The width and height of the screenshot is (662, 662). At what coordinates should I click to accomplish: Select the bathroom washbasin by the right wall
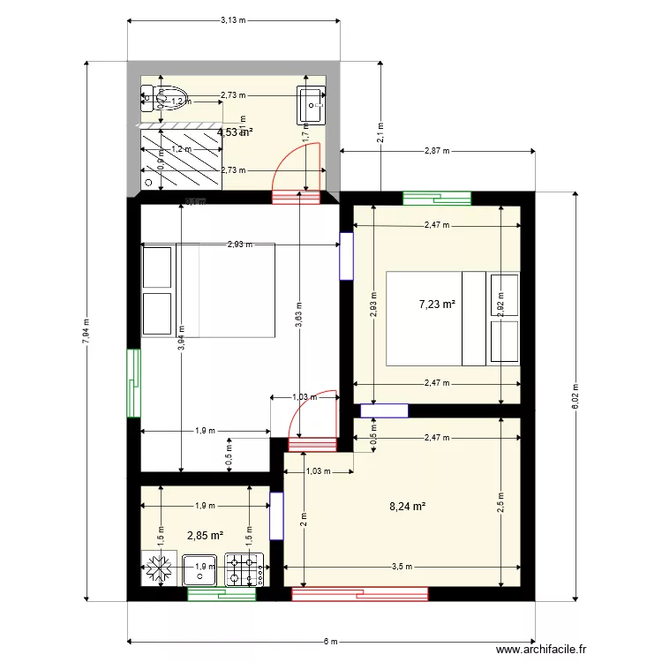[312, 103]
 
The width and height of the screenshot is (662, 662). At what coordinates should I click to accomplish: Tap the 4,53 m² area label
[235, 132]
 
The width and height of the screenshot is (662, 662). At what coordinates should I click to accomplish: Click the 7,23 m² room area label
[437, 304]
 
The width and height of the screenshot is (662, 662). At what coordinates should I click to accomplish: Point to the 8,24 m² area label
[408, 507]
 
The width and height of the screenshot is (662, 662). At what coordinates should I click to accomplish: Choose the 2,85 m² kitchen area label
[204, 535]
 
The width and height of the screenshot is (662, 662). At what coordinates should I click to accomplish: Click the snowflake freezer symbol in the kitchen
[159, 569]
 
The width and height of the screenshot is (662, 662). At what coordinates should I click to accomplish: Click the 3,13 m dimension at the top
[233, 20]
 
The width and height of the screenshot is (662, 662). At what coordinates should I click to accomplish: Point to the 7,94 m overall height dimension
[86, 332]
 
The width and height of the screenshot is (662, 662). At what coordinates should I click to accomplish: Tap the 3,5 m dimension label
[402, 567]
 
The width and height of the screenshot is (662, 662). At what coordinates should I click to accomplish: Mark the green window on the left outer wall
[133, 383]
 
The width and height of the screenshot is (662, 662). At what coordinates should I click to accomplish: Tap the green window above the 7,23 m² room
[437, 198]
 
